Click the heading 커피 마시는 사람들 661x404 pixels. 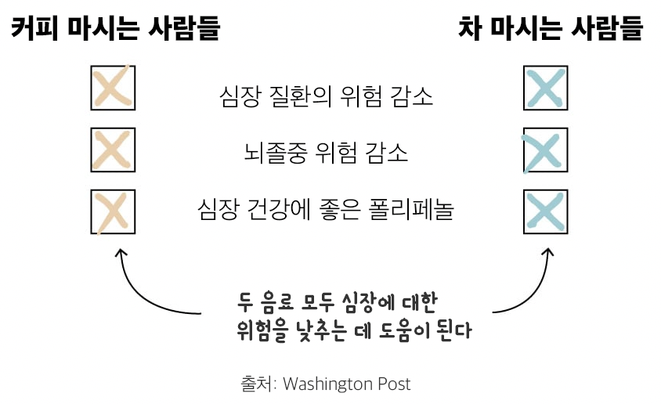pos(115,29)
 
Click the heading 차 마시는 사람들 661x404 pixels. pos(550,29)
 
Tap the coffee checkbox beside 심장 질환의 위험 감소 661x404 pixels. pos(114,88)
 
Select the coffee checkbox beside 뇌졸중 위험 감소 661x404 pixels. pos(114,150)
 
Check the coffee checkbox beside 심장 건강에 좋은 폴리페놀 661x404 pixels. pos(114,211)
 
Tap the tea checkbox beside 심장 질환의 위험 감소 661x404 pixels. pos(545,88)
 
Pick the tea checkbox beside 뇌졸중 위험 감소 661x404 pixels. pos(545,150)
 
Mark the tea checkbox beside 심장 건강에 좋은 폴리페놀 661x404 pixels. pos(545,211)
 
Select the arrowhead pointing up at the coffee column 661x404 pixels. pos(121,254)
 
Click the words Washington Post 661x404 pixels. pos(346,384)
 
